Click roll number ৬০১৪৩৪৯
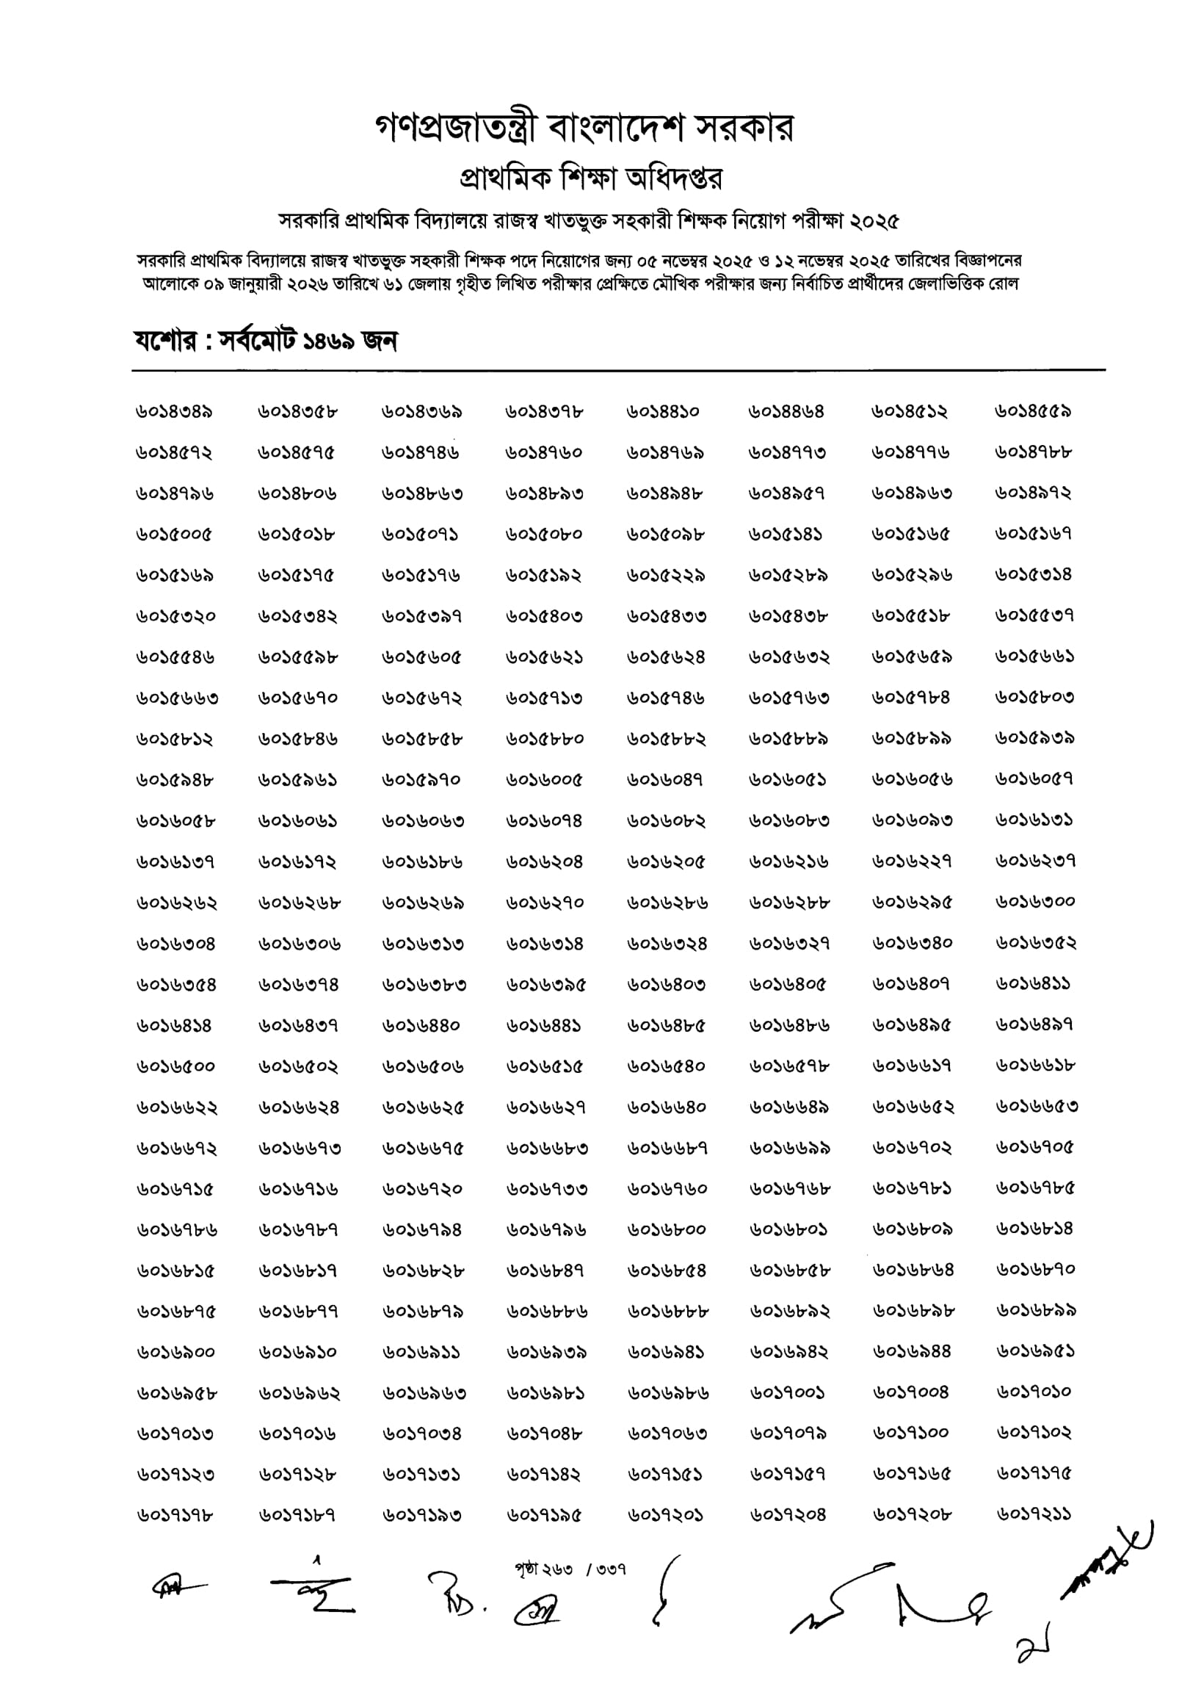[x=175, y=412]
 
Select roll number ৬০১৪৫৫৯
[x=1034, y=412]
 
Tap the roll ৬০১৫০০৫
[x=175, y=534]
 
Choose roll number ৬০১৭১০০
[x=911, y=1434]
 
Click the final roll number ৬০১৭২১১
[x=1034, y=1514]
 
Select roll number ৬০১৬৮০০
[x=667, y=1229]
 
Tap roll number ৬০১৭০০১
[x=787, y=1392]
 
